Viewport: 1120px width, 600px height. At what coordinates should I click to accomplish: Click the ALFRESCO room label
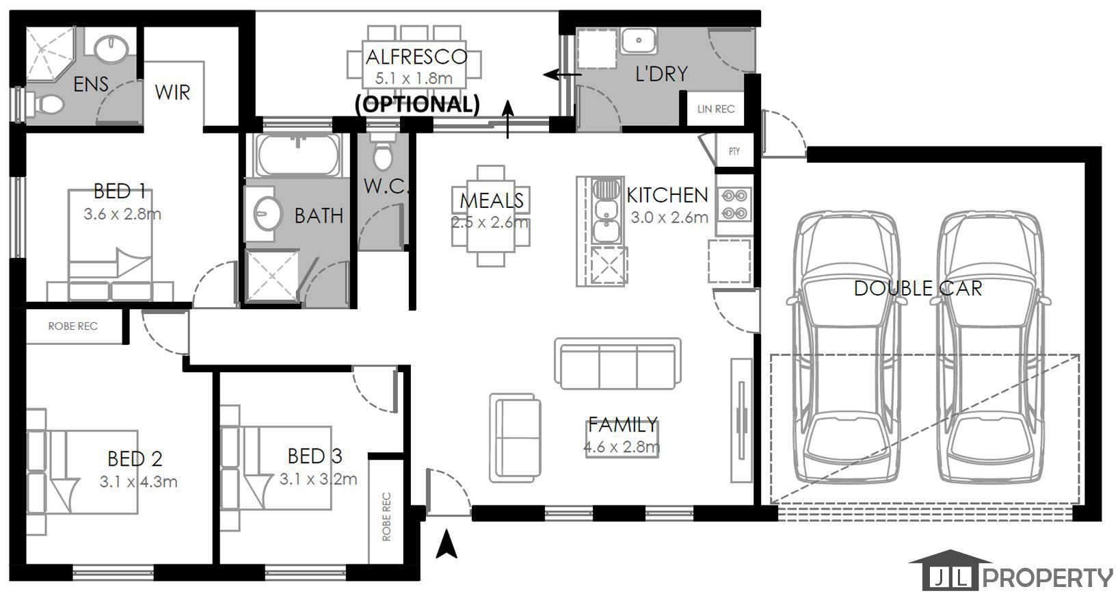(416, 57)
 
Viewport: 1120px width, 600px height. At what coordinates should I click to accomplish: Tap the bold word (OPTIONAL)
(417, 104)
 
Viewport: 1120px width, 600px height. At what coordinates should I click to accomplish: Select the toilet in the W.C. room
(383, 152)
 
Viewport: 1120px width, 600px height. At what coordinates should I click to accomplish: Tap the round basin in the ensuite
(111, 49)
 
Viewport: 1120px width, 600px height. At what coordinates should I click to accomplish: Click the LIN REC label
(715, 109)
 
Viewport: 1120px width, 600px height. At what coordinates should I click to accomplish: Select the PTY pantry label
(734, 151)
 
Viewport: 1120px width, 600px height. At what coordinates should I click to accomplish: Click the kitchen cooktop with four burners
(734, 204)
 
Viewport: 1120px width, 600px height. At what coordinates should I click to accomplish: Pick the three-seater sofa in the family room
(617, 363)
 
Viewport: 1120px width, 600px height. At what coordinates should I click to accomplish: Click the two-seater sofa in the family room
(515, 438)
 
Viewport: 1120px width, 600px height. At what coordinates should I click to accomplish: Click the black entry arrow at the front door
(446, 545)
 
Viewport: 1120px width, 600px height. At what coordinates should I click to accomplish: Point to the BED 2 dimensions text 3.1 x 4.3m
(139, 482)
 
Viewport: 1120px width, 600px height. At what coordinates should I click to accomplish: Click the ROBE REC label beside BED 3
(386, 517)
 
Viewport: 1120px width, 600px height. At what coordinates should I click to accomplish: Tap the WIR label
(172, 92)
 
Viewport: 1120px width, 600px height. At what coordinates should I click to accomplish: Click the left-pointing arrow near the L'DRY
(563, 75)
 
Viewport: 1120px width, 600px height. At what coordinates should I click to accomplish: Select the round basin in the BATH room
(267, 213)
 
